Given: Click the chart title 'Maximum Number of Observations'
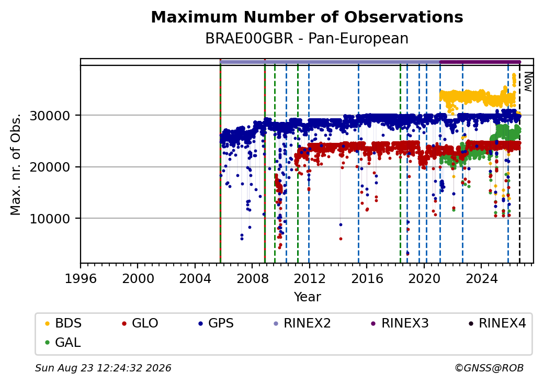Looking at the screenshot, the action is pyautogui.click(x=307, y=17).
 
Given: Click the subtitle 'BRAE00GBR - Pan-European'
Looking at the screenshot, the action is pyautogui.click(x=307, y=39).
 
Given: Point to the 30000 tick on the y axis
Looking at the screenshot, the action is pyautogui.click(x=50, y=116).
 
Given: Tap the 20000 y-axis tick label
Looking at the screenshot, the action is pyautogui.click(x=50, y=167).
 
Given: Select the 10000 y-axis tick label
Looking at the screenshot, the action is pyautogui.click(x=50, y=219).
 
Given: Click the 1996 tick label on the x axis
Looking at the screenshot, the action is pyautogui.click(x=81, y=278).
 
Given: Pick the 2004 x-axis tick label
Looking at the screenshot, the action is pyautogui.click(x=195, y=278).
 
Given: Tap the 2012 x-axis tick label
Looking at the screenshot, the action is pyautogui.click(x=310, y=278).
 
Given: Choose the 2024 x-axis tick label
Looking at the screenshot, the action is pyautogui.click(x=481, y=278).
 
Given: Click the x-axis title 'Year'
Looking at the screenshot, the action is pyautogui.click(x=308, y=297).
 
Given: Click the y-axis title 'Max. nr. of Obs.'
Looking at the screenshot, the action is pyautogui.click(x=16, y=164).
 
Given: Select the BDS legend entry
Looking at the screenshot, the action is pyautogui.click(x=63, y=323).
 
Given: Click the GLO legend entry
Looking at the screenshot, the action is pyautogui.click(x=140, y=323).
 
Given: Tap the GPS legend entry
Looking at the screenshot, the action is pyautogui.click(x=216, y=323).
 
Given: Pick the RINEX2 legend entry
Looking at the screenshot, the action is pyautogui.click(x=302, y=323).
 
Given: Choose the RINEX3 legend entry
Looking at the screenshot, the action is pyautogui.click(x=400, y=323).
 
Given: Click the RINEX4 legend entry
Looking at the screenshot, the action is pyautogui.click(x=497, y=323).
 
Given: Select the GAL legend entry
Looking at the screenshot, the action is pyautogui.click(x=63, y=342).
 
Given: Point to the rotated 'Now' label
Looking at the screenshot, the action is pyautogui.click(x=528, y=82).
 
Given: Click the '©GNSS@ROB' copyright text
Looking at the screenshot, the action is pyautogui.click(x=489, y=368).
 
